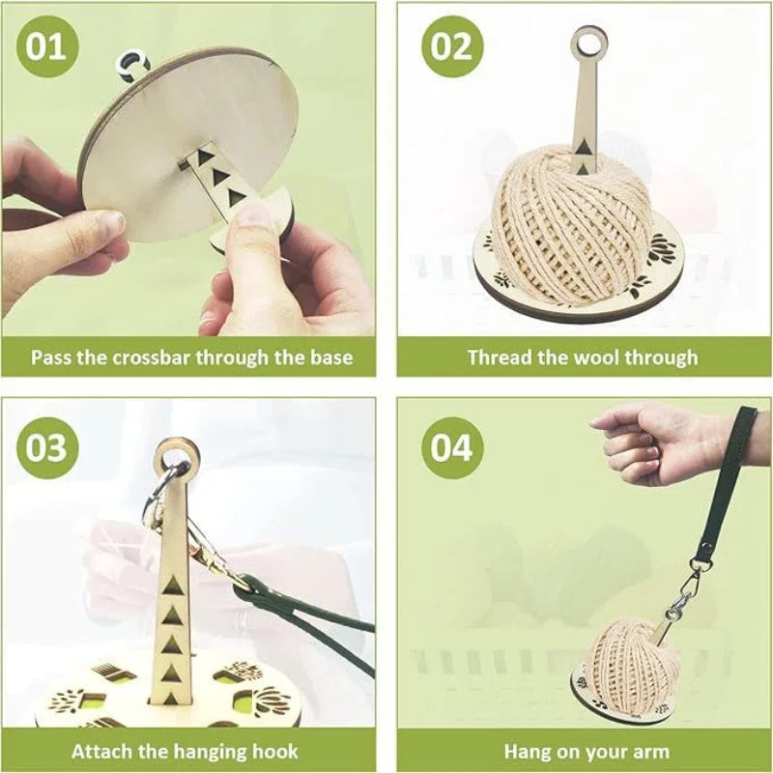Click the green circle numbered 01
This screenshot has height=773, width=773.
(x=45, y=45)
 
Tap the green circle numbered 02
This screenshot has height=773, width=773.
(x=450, y=45)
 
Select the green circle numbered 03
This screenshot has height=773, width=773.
(x=45, y=448)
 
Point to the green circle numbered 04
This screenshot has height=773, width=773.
(x=450, y=448)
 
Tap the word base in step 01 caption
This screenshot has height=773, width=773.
(x=330, y=358)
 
